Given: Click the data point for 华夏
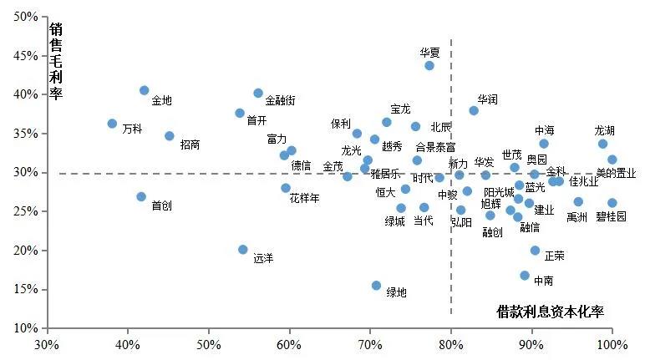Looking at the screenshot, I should pos(429,65).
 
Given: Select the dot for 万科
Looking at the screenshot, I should pos(113,124).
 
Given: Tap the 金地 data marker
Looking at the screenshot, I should pos(145,90).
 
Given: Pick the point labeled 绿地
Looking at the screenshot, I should pos(377,286).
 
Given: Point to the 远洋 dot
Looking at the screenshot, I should pos(243,250).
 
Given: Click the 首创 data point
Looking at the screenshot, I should pos(141,197).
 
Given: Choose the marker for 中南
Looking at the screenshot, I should pos(525,276).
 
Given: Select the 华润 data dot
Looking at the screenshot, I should pos(474,110).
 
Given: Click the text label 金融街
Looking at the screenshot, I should pos(280,101).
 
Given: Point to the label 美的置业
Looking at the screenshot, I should pos(616,174).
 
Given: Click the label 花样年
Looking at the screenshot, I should pos(304,199).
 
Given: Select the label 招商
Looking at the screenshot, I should pos(190,145).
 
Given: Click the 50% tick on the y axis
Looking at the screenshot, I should pos(26,17).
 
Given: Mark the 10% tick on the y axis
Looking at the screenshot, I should pos(26,328).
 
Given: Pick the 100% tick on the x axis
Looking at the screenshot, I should pos(612,344).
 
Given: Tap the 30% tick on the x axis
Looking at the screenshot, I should pos(47,344).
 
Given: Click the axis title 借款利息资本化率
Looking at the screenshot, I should pos(550,312).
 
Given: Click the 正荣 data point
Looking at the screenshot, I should pos(536,251).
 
